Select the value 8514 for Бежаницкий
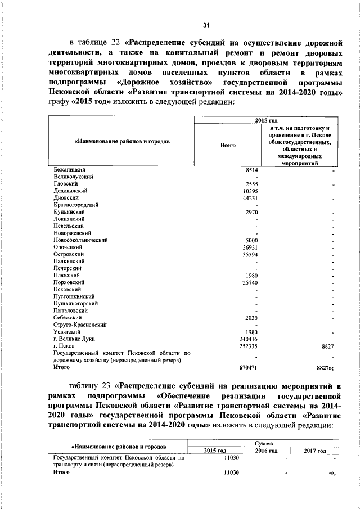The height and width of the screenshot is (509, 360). (251, 169)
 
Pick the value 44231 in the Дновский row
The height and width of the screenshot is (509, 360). (250, 198)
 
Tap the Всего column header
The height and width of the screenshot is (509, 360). (228, 145)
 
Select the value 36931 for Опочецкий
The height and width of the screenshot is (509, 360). (250, 247)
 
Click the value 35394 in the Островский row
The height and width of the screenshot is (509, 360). (250, 254)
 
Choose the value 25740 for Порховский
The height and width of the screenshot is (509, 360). (250, 282)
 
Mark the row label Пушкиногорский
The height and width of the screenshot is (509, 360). (76, 303)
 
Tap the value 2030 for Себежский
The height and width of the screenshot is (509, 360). (251, 318)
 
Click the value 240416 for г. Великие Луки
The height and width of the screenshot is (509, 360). (249, 339)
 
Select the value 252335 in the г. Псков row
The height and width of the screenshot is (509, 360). (249, 346)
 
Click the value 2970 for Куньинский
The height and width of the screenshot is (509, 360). (251, 212)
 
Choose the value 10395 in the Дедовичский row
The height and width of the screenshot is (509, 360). (250, 191)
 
